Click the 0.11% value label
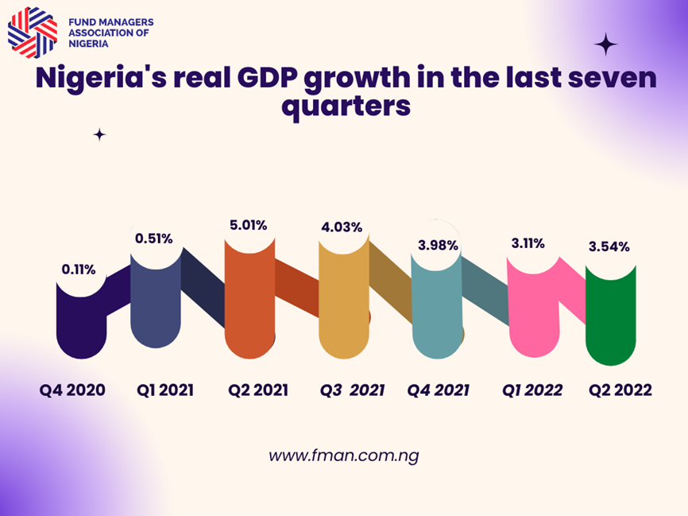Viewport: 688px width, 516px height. coord(79,270)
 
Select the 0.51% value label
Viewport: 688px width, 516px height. coord(154,238)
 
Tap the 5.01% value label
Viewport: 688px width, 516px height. coord(248,225)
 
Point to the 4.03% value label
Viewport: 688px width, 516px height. coord(342,227)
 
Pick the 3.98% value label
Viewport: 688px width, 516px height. coord(438,245)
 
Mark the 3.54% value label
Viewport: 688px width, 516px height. coord(609,246)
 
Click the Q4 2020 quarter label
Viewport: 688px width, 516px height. coord(73,390)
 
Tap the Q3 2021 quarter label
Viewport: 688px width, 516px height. coord(352,390)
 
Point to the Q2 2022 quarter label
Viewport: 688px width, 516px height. coord(620,390)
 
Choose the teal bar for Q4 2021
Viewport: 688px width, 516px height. coord(437,310)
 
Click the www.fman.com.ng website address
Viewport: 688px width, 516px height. coord(343,456)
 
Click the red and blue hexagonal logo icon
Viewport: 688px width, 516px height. coord(33,33)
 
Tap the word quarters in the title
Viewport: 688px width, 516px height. coord(346,107)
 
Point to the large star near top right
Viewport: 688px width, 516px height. coord(606,44)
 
